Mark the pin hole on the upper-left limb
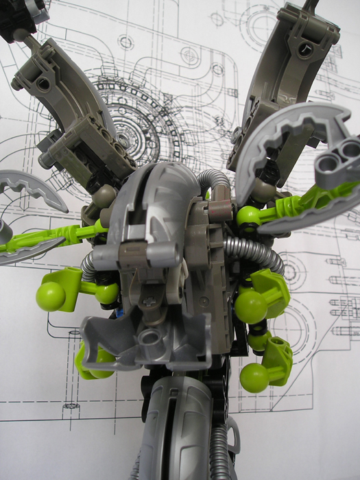(45, 84)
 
